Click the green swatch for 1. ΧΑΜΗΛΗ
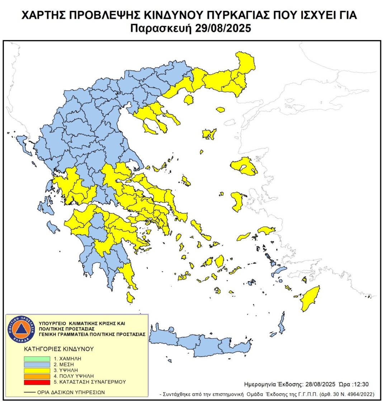pos(37,358)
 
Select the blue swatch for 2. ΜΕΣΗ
pos(37,364)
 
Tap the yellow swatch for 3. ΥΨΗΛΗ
pos(37,370)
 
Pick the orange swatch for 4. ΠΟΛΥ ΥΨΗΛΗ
pos(37,376)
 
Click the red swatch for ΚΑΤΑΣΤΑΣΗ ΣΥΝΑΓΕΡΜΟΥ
pos(37,382)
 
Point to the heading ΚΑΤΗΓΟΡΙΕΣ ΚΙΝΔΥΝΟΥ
pos(59,349)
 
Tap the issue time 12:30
pos(361,384)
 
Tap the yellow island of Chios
pos(237,201)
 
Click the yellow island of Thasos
pos(188,99)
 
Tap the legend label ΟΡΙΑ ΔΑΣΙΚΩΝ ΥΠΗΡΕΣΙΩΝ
pos(71,392)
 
